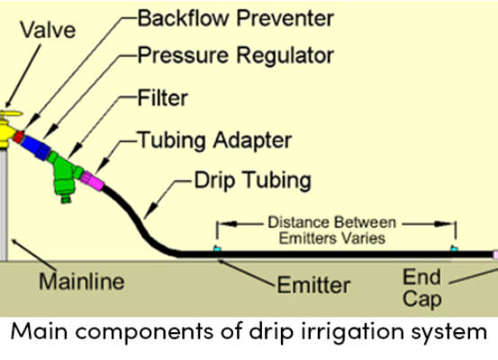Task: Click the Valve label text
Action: (x=48, y=31)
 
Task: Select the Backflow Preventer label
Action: (x=235, y=18)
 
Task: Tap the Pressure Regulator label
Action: (x=235, y=56)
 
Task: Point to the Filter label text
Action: (x=163, y=98)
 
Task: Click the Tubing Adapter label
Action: (x=214, y=140)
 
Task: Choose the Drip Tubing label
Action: (x=253, y=181)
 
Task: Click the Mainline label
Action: (x=82, y=282)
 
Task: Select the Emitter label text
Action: (x=313, y=285)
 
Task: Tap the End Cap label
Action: (x=422, y=288)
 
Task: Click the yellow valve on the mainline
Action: (x=7, y=130)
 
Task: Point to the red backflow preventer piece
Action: (x=18, y=137)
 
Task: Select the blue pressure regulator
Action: (x=36, y=147)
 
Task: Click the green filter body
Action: (x=65, y=175)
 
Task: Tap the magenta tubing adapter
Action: (x=92, y=181)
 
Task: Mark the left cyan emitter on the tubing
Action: (x=217, y=248)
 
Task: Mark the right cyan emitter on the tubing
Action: (x=455, y=248)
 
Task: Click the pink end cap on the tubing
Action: (x=495, y=255)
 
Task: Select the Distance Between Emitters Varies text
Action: (x=332, y=230)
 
